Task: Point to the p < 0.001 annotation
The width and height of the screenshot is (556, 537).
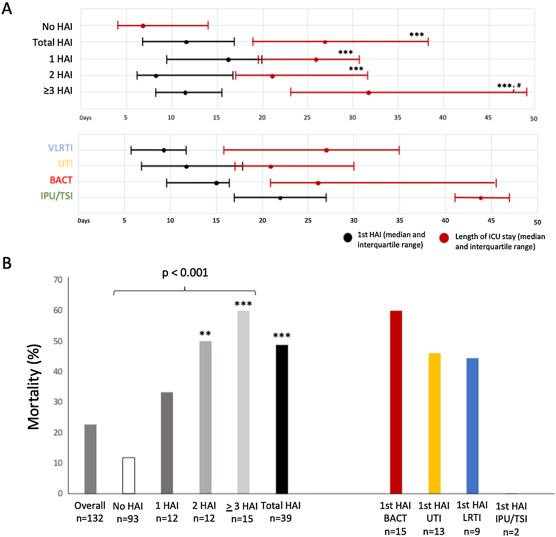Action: pos(185,273)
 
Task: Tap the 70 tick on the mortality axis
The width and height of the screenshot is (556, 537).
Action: pos(58,280)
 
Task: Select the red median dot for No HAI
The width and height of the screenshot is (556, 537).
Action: pos(143,26)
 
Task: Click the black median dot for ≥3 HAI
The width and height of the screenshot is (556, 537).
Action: pos(185,93)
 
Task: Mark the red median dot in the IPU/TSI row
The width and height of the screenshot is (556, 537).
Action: pos(481,198)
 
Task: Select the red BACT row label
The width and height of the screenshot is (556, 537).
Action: pos(61,180)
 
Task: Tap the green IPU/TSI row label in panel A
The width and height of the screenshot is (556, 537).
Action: pos(57,196)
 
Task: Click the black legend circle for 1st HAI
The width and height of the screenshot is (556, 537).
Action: pos(348,238)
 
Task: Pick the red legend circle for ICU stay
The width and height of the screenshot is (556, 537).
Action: pos(444,238)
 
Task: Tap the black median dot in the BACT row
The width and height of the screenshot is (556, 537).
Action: pos(216,183)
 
